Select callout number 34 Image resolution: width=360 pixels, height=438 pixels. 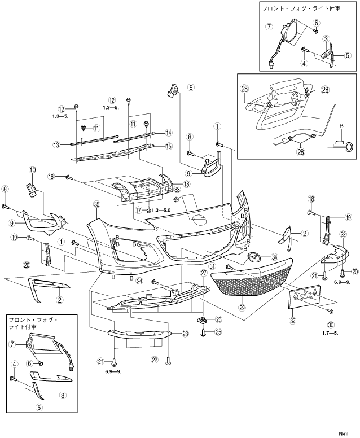click(275, 256)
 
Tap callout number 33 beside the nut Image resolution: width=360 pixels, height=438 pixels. click(177, 189)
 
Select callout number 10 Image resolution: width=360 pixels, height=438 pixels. click(32, 170)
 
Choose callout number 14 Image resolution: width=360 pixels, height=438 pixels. click(168, 133)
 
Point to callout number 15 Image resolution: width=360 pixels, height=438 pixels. click(168, 147)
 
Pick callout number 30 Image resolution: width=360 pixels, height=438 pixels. click(331, 326)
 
